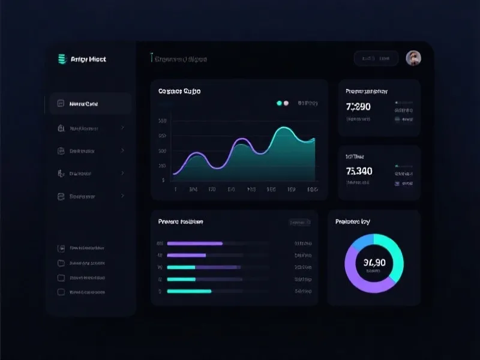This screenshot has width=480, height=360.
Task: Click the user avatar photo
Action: click(413, 58)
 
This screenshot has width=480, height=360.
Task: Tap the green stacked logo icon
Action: click(61, 59)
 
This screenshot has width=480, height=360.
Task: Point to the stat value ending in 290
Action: click(358, 107)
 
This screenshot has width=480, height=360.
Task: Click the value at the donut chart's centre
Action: click(374, 262)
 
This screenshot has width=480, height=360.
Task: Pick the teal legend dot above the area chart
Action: click(279, 103)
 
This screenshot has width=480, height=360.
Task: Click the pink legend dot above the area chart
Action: click(286, 103)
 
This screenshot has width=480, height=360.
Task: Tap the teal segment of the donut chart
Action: click(393, 252)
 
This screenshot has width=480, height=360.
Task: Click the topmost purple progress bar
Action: click(194, 244)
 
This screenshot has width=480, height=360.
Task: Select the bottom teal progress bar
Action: click(189, 291)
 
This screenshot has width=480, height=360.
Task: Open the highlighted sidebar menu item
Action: click(90, 104)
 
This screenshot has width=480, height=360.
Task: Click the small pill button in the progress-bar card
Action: click(299, 222)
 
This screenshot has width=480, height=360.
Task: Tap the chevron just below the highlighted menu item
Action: click(122, 128)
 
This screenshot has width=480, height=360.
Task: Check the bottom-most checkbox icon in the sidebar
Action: click(61, 292)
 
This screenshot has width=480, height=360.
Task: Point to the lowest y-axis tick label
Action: click(163, 179)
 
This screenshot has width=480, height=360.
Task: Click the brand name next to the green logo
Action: click(88, 59)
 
